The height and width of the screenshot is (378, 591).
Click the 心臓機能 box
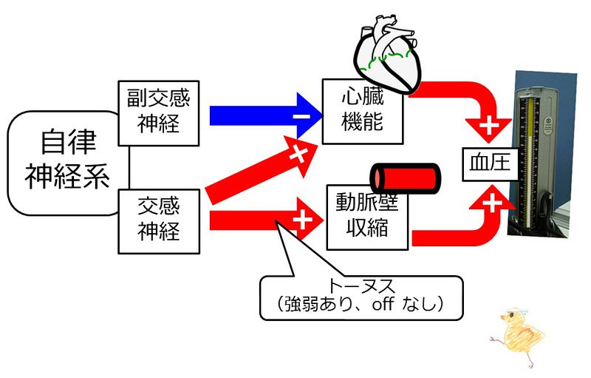363,112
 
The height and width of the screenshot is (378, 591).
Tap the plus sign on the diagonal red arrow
298,155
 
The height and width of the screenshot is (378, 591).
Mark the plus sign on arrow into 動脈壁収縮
301,220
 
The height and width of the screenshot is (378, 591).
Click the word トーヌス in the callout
361,286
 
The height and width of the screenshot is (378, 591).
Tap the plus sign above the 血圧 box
489,126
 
